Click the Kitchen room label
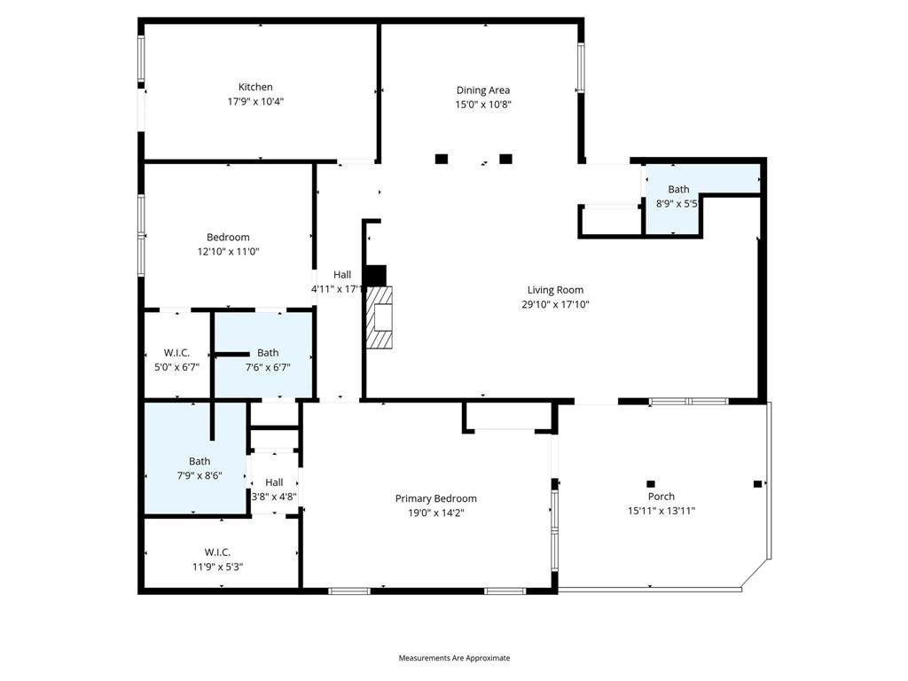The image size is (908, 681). [x=255, y=87]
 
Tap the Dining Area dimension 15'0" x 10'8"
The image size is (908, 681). [x=483, y=104]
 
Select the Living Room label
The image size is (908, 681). [x=555, y=290]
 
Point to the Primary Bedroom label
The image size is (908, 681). [x=435, y=498]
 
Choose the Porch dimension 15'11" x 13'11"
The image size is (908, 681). [x=661, y=511]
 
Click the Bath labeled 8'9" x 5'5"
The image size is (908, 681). [x=678, y=189]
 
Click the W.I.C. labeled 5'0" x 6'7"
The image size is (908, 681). [x=176, y=353]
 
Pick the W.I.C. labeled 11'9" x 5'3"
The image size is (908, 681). [x=217, y=552]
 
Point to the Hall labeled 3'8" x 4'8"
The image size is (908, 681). [x=274, y=482]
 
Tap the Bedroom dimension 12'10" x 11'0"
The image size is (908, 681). [x=228, y=252]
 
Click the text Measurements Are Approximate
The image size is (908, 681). [x=454, y=658]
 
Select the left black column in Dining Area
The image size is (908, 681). [x=442, y=159]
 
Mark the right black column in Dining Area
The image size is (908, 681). [x=505, y=159]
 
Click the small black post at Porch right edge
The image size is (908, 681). [x=757, y=483]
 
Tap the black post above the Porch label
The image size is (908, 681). [x=651, y=483]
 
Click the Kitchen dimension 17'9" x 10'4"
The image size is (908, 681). [x=255, y=101]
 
